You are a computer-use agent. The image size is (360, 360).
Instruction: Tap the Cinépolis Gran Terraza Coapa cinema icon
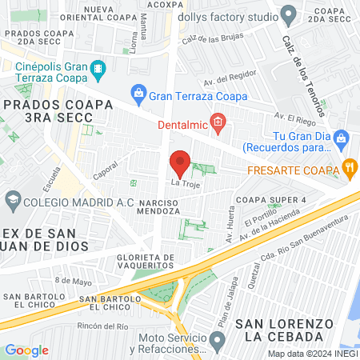pos(98,70)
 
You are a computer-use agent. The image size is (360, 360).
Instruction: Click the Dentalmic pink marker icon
pos(218,123)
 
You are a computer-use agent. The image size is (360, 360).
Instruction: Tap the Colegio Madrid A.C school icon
pos(13,199)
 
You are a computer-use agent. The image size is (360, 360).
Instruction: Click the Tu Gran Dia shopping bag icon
pos(341,138)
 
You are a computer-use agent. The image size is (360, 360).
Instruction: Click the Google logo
pos(26,350)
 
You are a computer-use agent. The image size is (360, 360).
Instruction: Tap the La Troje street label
pos(183,183)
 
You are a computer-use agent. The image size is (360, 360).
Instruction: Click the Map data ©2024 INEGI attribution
pos(312,354)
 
